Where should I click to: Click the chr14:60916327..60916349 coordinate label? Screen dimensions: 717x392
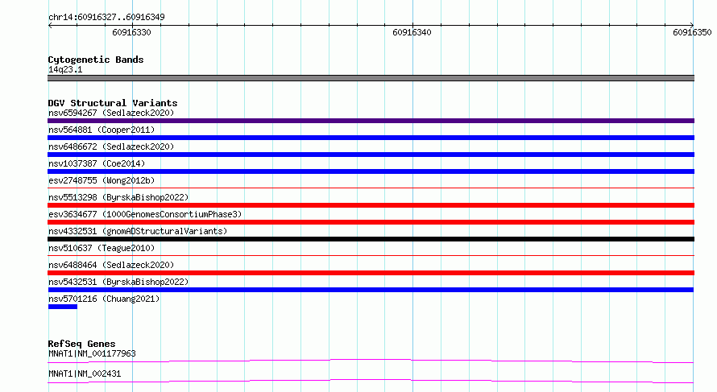click(x=106, y=18)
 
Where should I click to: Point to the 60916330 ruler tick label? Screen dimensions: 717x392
click(x=131, y=32)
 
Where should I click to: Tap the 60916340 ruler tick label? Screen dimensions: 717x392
click(x=412, y=32)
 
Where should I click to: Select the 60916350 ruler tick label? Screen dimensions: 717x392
click(x=692, y=32)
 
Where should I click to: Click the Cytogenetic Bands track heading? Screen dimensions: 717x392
click(x=96, y=60)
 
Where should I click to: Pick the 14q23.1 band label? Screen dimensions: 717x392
click(x=65, y=69)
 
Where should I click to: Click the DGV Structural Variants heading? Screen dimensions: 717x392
click(x=113, y=103)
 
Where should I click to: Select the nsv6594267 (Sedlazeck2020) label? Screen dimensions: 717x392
click(x=111, y=113)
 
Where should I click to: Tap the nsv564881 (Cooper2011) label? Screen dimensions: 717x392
click(x=102, y=130)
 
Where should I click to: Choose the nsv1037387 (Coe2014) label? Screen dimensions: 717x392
click(x=97, y=163)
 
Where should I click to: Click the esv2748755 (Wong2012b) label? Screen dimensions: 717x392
click(x=102, y=180)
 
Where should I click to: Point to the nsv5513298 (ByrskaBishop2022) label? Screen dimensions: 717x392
click(x=118, y=197)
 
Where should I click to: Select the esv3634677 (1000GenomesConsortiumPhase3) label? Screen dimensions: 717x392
click(x=145, y=214)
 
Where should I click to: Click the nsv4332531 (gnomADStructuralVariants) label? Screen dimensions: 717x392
click(x=138, y=231)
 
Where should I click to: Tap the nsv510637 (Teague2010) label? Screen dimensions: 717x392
click(x=102, y=248)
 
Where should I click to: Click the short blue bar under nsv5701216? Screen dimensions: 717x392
click(x=63, y=307)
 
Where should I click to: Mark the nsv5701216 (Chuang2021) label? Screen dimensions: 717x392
click(x=104, y=299)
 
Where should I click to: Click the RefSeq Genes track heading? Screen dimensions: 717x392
click(x=81, y=344)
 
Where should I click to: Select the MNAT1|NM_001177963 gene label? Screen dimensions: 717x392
click(x=92, y=353)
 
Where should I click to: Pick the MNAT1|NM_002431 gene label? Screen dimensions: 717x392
click(x=85, y=373)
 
